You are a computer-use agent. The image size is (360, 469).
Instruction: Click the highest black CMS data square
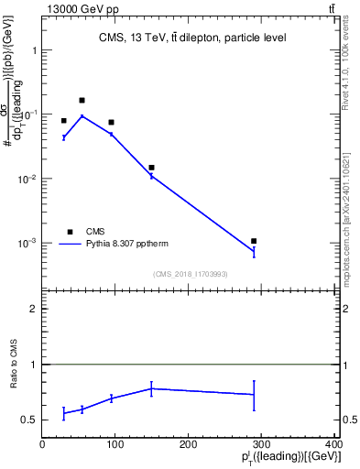coord(82,100)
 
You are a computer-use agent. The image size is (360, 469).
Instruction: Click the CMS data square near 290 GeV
coord(254,241)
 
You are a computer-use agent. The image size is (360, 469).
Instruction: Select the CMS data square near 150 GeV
coord(151,168)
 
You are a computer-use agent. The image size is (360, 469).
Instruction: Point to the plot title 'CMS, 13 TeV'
coord(192,38)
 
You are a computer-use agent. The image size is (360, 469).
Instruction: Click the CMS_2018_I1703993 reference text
coord(191,273)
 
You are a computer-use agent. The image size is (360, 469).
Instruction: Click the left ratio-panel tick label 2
coord(33,309)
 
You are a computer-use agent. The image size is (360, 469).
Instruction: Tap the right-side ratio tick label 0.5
coord(348,420)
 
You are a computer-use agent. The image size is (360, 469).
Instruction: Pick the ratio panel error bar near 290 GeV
coord(254,395)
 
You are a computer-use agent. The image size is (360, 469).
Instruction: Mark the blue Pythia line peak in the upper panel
coord(82,116)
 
